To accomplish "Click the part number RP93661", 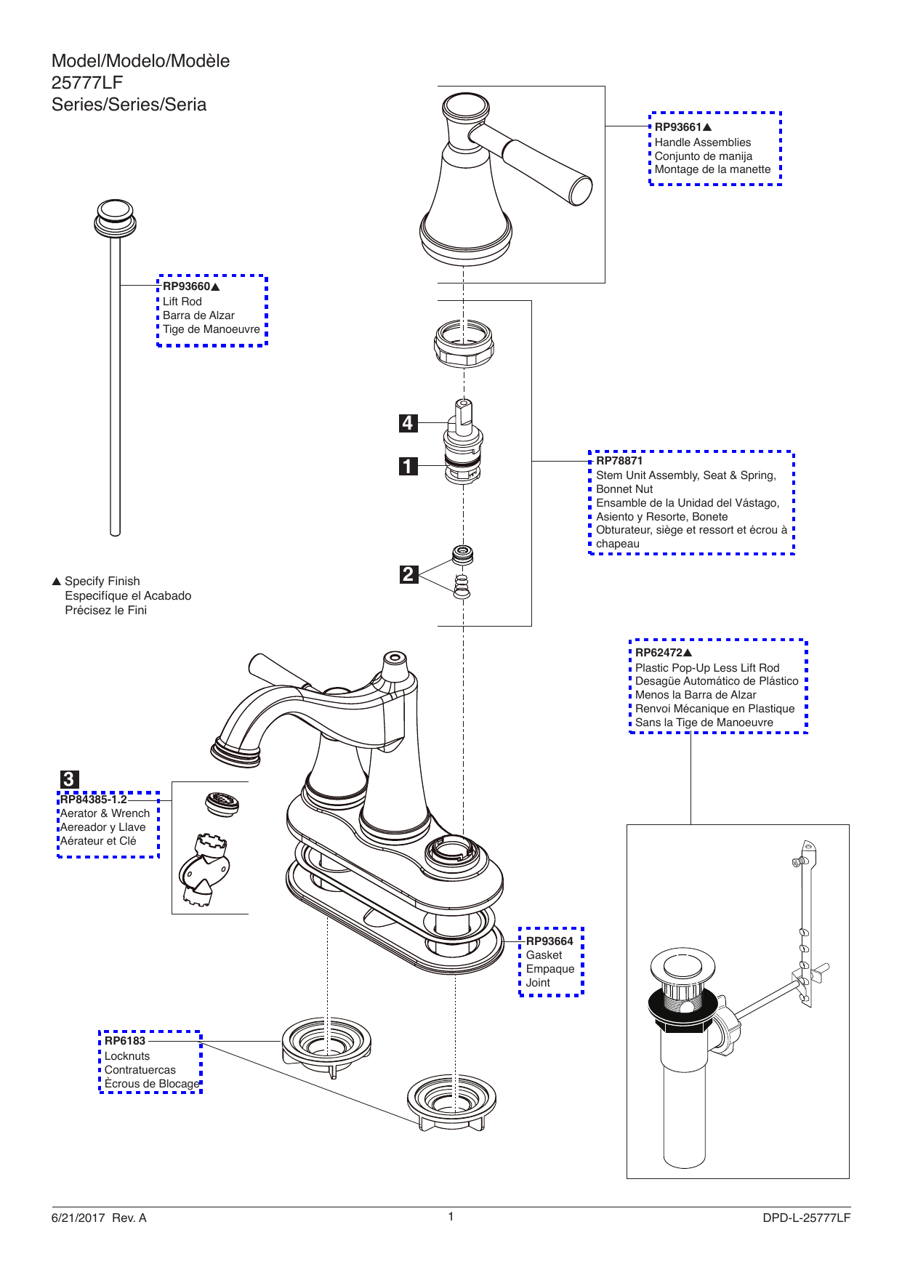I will point(678,127).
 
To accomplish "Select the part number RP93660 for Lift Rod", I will point(186,286).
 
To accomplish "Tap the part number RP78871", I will point(619,461).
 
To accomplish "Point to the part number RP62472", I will point(659,653).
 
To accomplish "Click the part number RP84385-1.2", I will point(93,800).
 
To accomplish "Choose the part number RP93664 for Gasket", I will point(549,941).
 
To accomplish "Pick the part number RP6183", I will point(125,1041).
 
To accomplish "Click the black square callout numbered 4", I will point(408,423).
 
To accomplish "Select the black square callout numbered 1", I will point(408,466).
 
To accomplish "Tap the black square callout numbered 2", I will point(409,574).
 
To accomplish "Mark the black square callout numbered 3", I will point(68,779).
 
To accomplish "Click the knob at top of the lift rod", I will point(115,217).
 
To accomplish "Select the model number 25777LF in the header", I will point(87,83).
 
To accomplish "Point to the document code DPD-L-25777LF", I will point(806,1218).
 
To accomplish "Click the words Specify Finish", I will point(102,582).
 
